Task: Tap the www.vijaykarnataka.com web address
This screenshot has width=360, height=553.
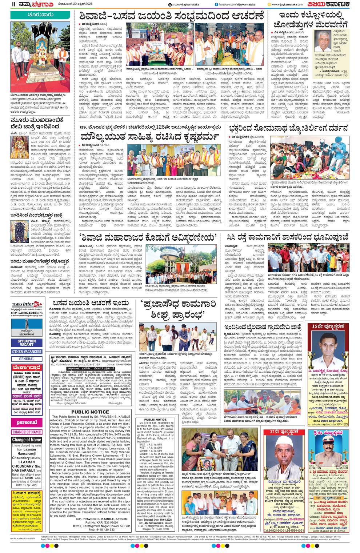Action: coord(289,4)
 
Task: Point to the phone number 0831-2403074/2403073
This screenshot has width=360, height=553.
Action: coord(27,313)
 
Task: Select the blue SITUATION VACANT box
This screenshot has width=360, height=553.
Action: coord(27,343)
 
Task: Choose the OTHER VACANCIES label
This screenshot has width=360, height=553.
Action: coord(27,352)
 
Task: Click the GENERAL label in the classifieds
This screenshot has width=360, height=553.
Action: coord(27,358)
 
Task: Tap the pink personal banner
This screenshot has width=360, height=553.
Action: coord(27,422)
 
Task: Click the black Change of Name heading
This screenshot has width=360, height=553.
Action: coord(27,440)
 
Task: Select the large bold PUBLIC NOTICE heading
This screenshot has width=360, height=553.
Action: coord(90,412)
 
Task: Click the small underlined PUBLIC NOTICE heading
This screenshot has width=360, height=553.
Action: coord(155,420)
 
